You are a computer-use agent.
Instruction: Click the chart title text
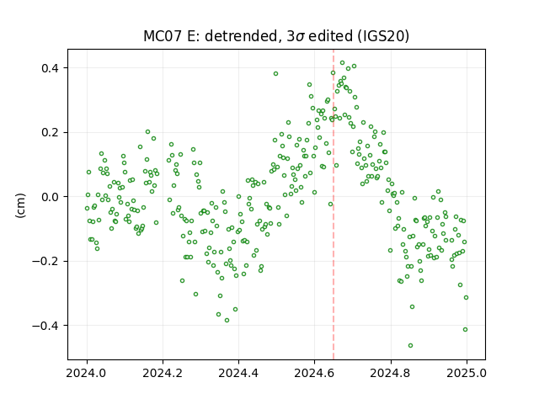[276, 36]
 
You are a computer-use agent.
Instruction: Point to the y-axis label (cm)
[20, 205]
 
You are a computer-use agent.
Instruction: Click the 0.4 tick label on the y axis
[51, 68]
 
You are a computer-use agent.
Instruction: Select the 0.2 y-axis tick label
[51, 132]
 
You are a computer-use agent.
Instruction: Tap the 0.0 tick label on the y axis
[51, 197]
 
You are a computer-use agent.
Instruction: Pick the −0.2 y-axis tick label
[46, 261]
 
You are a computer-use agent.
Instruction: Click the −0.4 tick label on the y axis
[46, 326]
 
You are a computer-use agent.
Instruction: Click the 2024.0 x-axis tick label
[88, 373]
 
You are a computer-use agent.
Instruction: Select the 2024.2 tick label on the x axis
[163, 373]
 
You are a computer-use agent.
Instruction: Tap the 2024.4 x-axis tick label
[238, 373]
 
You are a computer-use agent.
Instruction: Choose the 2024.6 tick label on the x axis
[314, 373]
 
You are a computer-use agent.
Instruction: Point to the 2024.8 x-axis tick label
[391, 373]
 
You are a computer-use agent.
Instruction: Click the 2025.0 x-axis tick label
[467, 373]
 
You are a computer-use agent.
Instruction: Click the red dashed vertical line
[334, 205]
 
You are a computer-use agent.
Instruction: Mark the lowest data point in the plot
[410, 345]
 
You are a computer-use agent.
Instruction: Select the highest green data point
[343, 63]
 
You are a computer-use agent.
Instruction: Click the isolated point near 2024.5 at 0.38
[275, 73]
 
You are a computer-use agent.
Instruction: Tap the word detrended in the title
[242, 36]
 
